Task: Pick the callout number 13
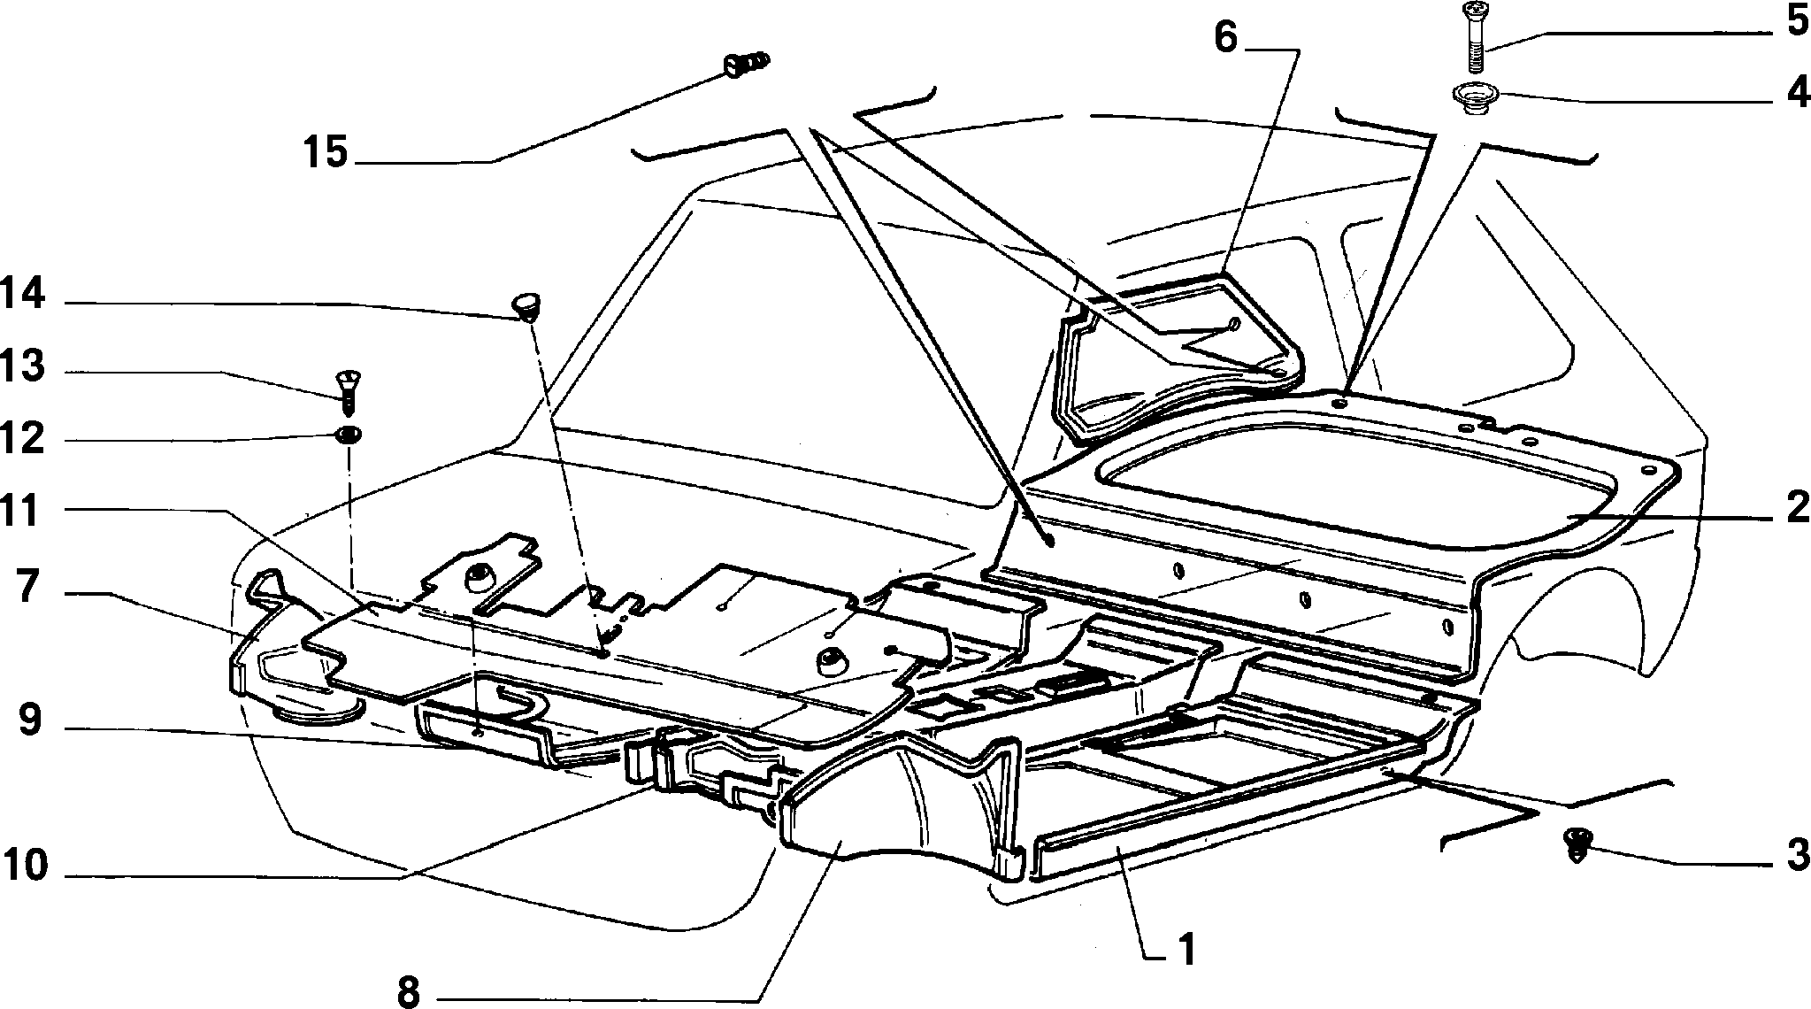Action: [x=23, y=366]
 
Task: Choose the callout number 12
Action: [x=23, y=438]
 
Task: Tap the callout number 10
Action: [x=25, y=865]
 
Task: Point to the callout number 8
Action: [x=408, y=991]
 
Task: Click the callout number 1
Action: [x=1186, y=950]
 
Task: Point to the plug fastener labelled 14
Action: [x=526, y=306]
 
